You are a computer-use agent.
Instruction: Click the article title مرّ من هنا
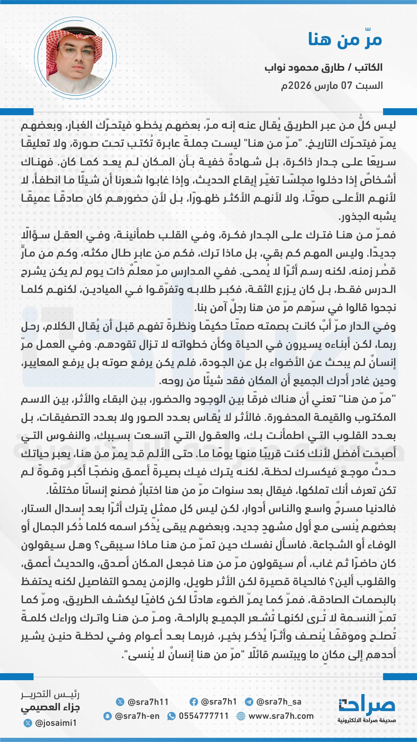coord(345,39)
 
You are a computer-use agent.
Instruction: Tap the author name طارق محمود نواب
coord(305,68)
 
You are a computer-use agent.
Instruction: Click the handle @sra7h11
coord(148,702)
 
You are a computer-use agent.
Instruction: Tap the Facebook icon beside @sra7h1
coord(194,702)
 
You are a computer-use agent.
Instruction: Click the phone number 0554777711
coord(203,716)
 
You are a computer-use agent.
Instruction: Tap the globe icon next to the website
coord(241,716)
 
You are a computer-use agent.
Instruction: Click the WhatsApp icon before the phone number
coord(171,716)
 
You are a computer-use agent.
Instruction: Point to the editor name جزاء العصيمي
coord(50,708)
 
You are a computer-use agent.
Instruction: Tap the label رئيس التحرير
coord(50,694)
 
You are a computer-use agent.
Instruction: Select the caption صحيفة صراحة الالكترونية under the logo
coord(367,720)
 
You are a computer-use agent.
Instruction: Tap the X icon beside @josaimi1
coord(27,723)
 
